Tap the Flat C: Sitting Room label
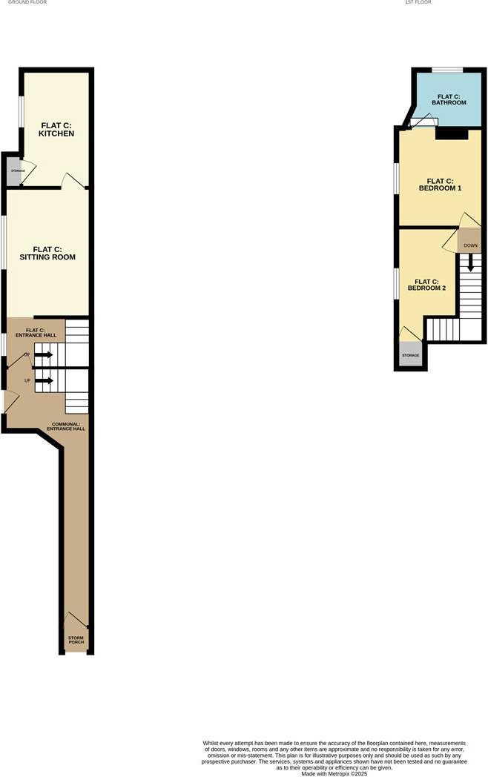pyautogui.click(x=47, y=253)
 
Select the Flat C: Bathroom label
pyautogui.click(x=449, y=99)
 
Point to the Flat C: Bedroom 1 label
pyautogui.click(x=440, y=185)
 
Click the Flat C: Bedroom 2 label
pyautogui.click(x=426, y=285)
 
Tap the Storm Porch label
pyautogui.click(x=76, y=639)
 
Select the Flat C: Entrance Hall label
pyautogui.click(x=36, y=332)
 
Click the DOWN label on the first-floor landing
pyautogui.click(x=470, y=245)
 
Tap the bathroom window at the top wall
pyautogui.click(x=447, y=70)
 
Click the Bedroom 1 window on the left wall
pyautogui.click(x=396, y=180)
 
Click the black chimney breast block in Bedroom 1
pyautogui.click(x=451, y=134)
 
